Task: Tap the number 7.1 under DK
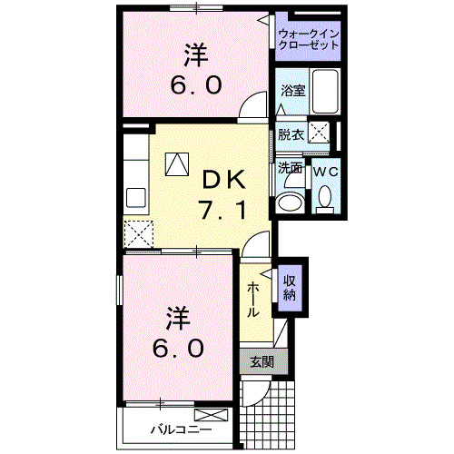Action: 222,211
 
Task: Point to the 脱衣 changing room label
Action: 291,133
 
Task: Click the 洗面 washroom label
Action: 291,168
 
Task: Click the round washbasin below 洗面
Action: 291,202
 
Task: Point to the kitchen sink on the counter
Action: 136,198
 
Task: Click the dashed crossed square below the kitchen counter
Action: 139,232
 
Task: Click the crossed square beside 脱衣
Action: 320,133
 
